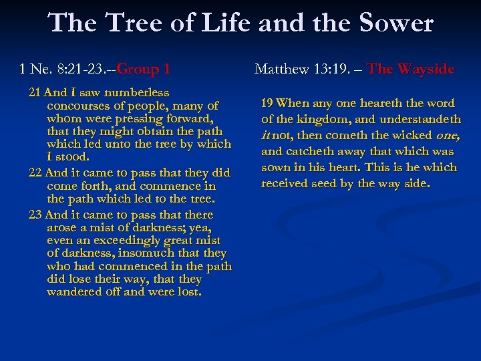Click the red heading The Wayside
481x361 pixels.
[x=411, y=68]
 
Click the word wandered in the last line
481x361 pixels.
[x=71, y=291]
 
